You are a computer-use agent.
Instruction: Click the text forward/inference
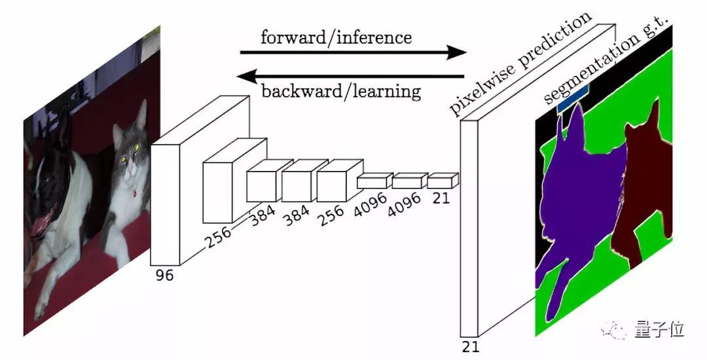(x=336, y=37)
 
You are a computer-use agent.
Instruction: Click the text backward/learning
(x=340, y=90)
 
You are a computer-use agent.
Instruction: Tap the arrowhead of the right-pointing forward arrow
(x=456, y=52)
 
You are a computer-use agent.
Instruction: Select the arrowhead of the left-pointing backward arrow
(x=247, y=76)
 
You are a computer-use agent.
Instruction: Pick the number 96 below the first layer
(x=164, y=276)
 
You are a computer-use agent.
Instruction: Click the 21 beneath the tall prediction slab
(x=470, y=346)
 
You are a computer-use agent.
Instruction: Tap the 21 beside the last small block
(x=442, y=197)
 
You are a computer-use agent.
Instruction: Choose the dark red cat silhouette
(x=642, y=190)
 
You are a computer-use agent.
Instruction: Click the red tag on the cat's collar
(x=134, y=194)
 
